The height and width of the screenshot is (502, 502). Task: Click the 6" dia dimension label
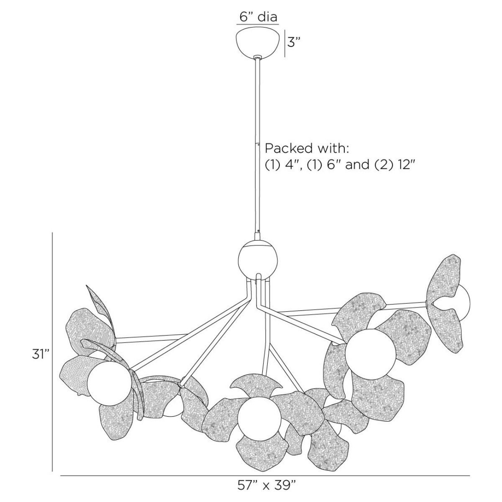point(259,17)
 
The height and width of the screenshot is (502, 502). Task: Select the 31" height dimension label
point(41,354)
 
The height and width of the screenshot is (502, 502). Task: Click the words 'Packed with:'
point(307,149)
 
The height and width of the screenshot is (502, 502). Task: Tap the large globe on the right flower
point(371,352)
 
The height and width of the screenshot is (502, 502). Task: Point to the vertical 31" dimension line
point(52,351)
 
